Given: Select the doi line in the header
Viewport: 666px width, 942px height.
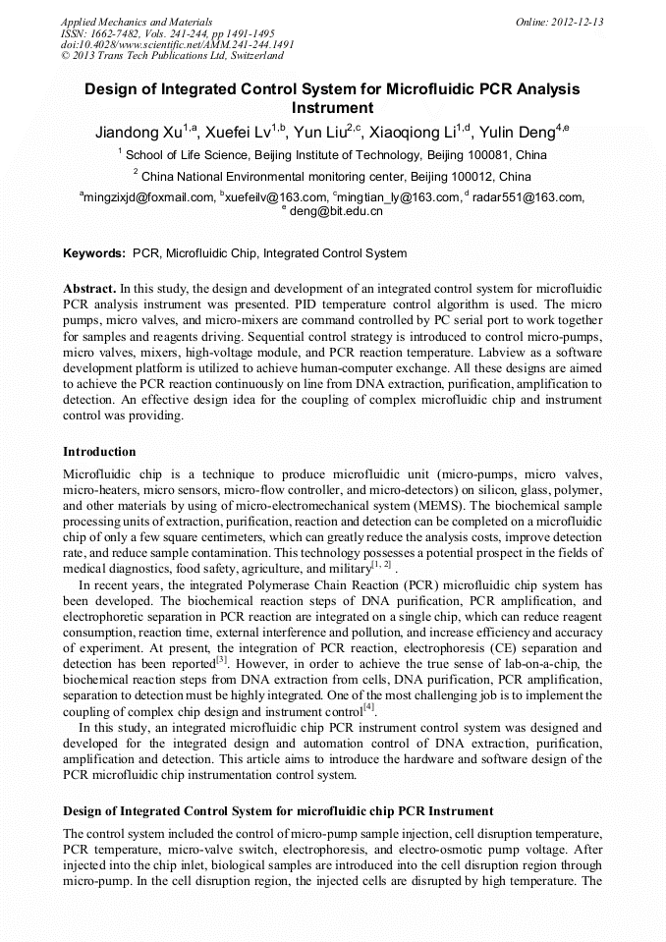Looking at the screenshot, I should pos(177,44).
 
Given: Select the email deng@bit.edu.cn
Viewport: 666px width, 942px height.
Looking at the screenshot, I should pos(336,211).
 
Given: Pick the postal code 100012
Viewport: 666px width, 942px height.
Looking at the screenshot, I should pos(472,178).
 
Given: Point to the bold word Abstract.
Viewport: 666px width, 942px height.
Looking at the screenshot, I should pos(89,290).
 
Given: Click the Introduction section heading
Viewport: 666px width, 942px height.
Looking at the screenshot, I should pos(99,452).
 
